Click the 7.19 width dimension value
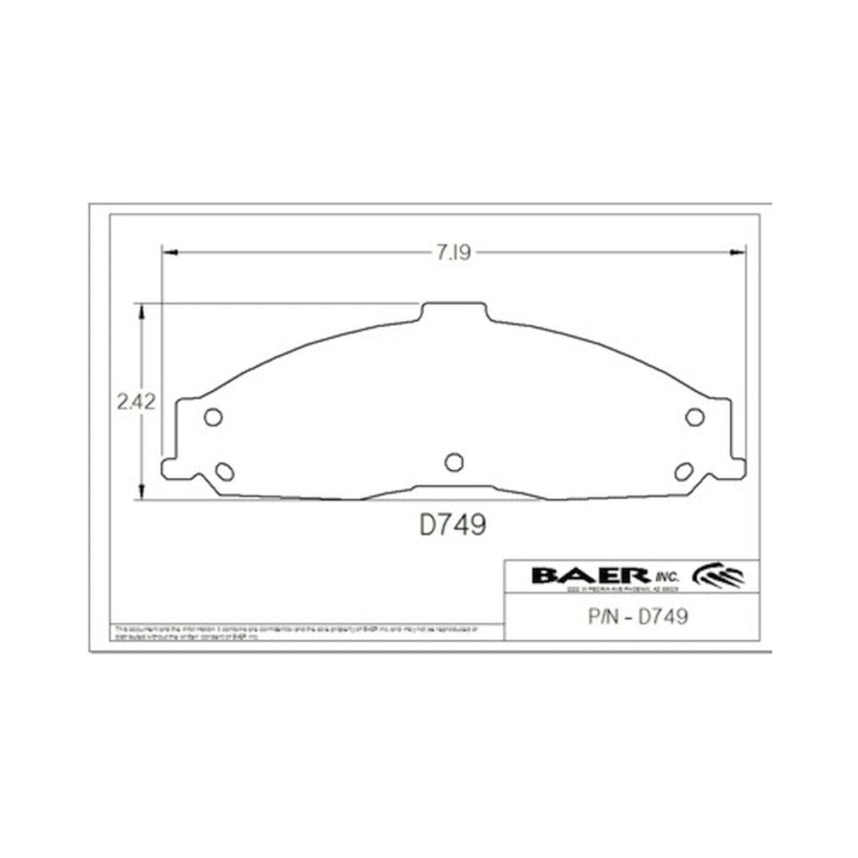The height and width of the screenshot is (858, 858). (x=453, y=253)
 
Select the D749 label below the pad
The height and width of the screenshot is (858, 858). (x=452, y=525)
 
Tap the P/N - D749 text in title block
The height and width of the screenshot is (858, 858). (x=633, y=617)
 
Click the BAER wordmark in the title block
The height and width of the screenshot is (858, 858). (x=591, y=575)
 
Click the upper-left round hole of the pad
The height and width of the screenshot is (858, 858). (x=213, y=417)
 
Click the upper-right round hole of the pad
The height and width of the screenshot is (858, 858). (x=694, y=416)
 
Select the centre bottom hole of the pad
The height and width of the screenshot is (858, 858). (x=454, y=462)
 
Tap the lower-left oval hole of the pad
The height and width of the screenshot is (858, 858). (x=225, y=472)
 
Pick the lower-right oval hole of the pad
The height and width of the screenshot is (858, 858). (x=683, y=472)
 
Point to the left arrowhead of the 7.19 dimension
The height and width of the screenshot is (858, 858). (x=170, y=253)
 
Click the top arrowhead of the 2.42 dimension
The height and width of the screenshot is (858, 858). (x=142, y=311)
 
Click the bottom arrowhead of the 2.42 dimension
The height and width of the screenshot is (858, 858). (x=142, y=492)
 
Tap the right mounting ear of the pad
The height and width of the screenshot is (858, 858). (x=736, y=467)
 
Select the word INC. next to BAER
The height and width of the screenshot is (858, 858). (x=666, y=577)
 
